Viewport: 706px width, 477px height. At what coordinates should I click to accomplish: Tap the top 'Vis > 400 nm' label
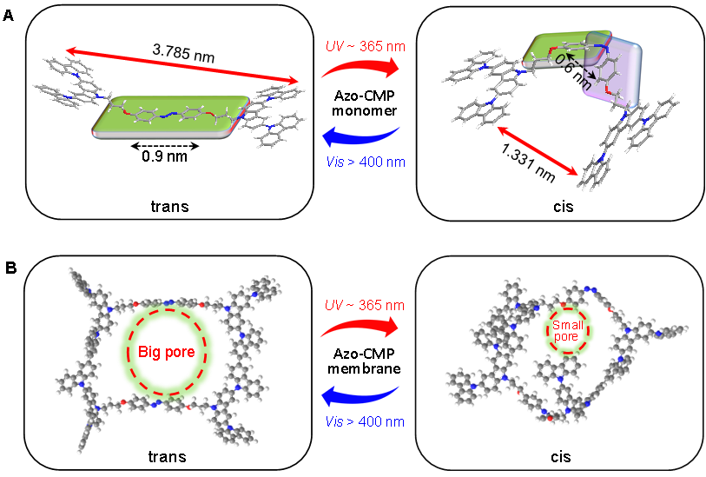click(363, 161)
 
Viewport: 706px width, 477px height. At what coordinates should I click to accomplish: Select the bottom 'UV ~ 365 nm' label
click(363, 306)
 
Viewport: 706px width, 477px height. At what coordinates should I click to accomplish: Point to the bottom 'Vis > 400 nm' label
click(363, 422)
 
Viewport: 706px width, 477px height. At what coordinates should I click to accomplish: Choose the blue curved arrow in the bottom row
click(361, 399)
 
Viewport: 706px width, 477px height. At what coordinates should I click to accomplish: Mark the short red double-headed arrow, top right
click(538, 152)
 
